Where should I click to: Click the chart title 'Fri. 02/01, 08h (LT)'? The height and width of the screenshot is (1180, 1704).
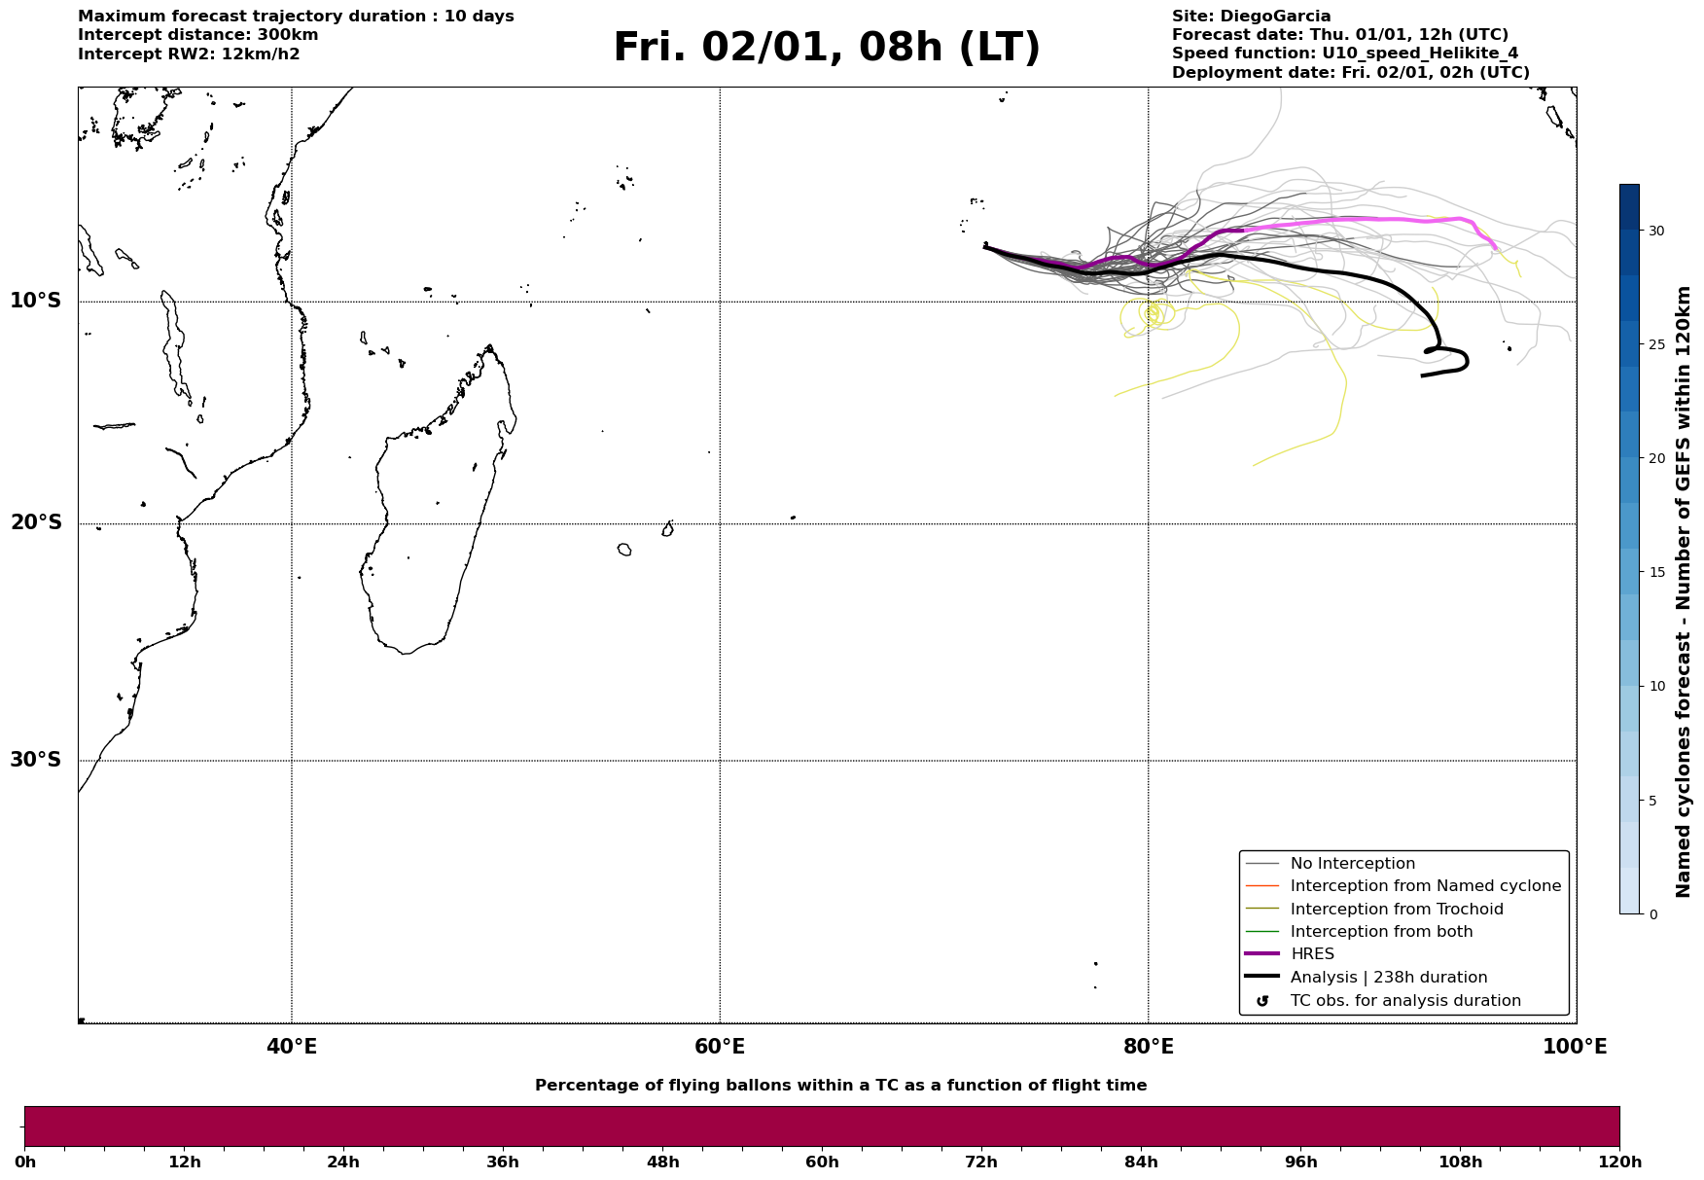click(x=826, y=49)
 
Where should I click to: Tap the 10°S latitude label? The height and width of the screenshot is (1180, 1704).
click(x=36, y=301)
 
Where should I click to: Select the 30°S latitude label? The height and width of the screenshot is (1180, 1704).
click(x=36, y=760)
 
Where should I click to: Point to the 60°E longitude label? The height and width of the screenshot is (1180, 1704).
click(x=720, y=1048)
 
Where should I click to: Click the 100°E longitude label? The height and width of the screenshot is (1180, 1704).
click(x=1575, y=1048)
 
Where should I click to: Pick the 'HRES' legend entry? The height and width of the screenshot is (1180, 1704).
click(x=1312, y=954)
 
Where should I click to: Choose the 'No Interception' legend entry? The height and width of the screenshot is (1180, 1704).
click(x=1352, y=864)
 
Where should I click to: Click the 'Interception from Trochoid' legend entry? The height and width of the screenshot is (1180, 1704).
click(x=1396, y=910)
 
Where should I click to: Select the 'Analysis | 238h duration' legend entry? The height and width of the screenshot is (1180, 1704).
click(x=1388, y=978)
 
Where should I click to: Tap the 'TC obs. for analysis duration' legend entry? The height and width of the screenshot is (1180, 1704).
click(x=1404, y=1001)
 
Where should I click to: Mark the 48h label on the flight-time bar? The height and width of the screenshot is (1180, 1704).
click(x=662, y=1162)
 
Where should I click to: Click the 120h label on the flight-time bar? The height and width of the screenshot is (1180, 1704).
click(x=1619, y=1162)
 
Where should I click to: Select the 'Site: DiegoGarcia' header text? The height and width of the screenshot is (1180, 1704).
click(x=1251, y=17)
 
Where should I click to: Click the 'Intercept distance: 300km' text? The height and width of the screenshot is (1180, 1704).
click(x=197, y=35)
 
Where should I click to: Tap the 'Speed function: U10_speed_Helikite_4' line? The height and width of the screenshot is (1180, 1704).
click(x=1344, y=54)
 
